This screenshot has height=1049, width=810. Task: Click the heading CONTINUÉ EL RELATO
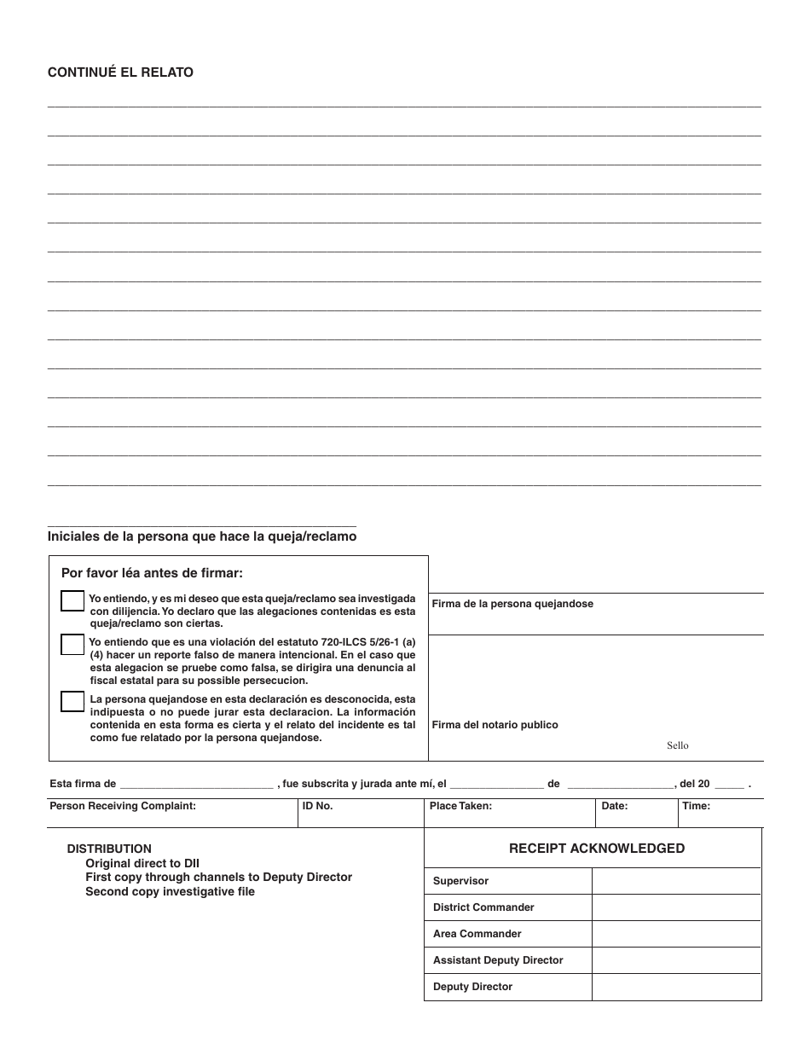tap(120, 72)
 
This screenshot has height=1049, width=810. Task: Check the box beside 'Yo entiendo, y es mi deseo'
tap(72, 601)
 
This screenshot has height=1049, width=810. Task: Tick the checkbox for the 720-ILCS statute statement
tap(72, 645)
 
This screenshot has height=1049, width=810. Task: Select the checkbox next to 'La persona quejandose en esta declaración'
tap(72, 701)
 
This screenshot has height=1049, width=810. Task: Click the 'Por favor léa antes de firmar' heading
tap(152, 573)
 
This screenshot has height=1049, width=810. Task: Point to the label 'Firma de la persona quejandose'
tap(512, 604)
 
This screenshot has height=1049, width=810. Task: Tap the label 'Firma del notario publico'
tap(495, 725)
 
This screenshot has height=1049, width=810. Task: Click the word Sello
tap(677, 745)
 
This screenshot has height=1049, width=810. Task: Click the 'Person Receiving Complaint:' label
tap(123, 806)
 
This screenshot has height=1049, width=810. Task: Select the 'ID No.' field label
tap(317, 806)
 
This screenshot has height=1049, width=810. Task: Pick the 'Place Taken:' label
tap(460, 806)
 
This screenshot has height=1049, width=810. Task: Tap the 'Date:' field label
tap(614, 806)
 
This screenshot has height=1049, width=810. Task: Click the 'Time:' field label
tap(696, 806)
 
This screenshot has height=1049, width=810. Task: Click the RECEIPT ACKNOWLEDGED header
tap(596, 849)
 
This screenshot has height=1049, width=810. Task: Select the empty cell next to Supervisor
tap(676, 881)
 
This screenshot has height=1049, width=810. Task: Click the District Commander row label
tap(483, 907)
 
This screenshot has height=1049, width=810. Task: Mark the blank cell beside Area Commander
tap(676, 934)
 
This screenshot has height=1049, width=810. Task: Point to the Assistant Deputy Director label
tap(498, 960)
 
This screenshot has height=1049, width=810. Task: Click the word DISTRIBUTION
tap(109, 849)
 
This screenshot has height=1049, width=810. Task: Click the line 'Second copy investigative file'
tap(170, 892)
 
